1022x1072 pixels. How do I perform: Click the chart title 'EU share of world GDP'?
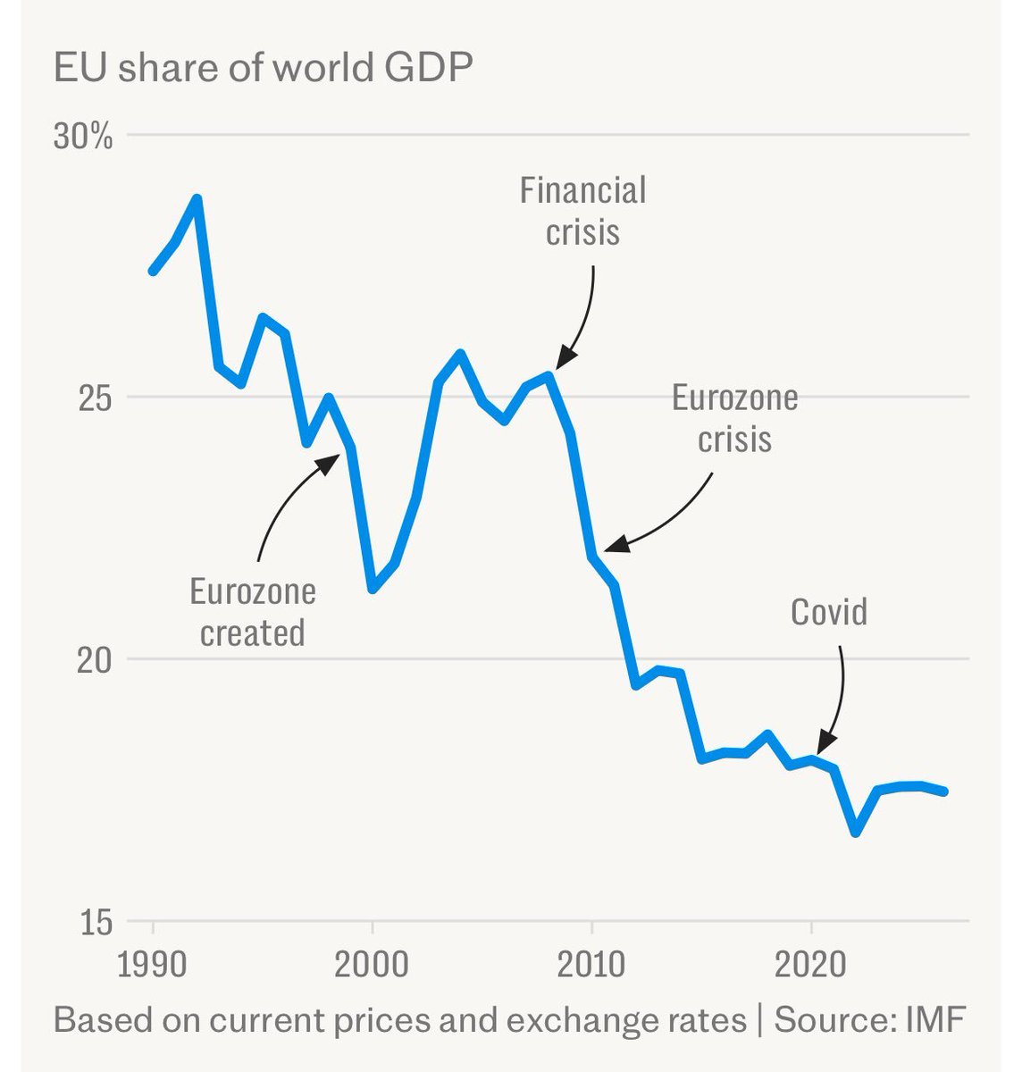click(x=264, y=69)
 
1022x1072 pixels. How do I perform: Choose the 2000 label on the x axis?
click(x=373, y=966)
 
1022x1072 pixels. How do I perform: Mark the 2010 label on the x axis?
click(x=591, y=966)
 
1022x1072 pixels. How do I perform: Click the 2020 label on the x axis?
click(x=810, y=966)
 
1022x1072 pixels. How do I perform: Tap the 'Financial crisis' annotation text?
click(x=582, y=211)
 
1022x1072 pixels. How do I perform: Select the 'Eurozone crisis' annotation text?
click(x=734, y=418)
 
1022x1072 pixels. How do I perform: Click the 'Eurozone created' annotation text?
click(x=253, y=612)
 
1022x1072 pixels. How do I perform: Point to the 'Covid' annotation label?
click(x=829, y=612)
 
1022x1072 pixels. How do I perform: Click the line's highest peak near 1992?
click(x=197, y=198)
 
